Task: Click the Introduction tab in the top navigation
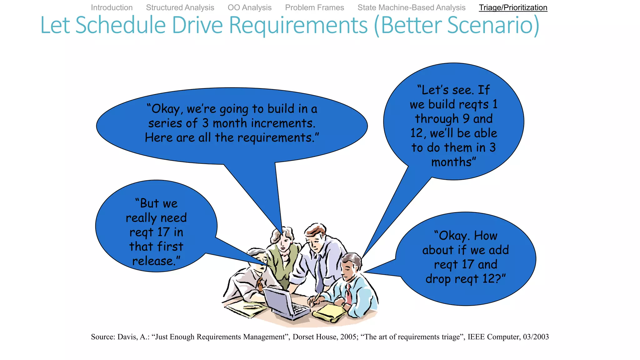[112, 7]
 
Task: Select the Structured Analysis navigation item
[180, 7]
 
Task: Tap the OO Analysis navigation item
[249, 7]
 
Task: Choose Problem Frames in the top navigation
[314, 7]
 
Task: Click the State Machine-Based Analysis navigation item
[411, 7]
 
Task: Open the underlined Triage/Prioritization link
[513, 7]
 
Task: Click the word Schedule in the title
[120, 25]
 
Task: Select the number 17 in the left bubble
[163, 232]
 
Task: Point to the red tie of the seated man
[348, 294]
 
